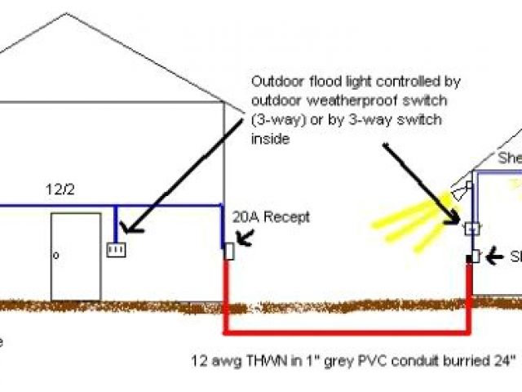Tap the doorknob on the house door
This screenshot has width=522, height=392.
(x=56, y=256)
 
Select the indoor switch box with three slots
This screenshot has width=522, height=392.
(x=116, y=248)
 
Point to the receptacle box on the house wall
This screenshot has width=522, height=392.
(x=229, y=251)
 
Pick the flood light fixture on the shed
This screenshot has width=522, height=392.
(x=462, y=192)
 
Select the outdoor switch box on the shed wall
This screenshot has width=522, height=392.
(x=471, y=229)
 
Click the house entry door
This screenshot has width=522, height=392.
(x=76, y=256)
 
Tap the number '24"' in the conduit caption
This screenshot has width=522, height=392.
(x=505, y=359)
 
